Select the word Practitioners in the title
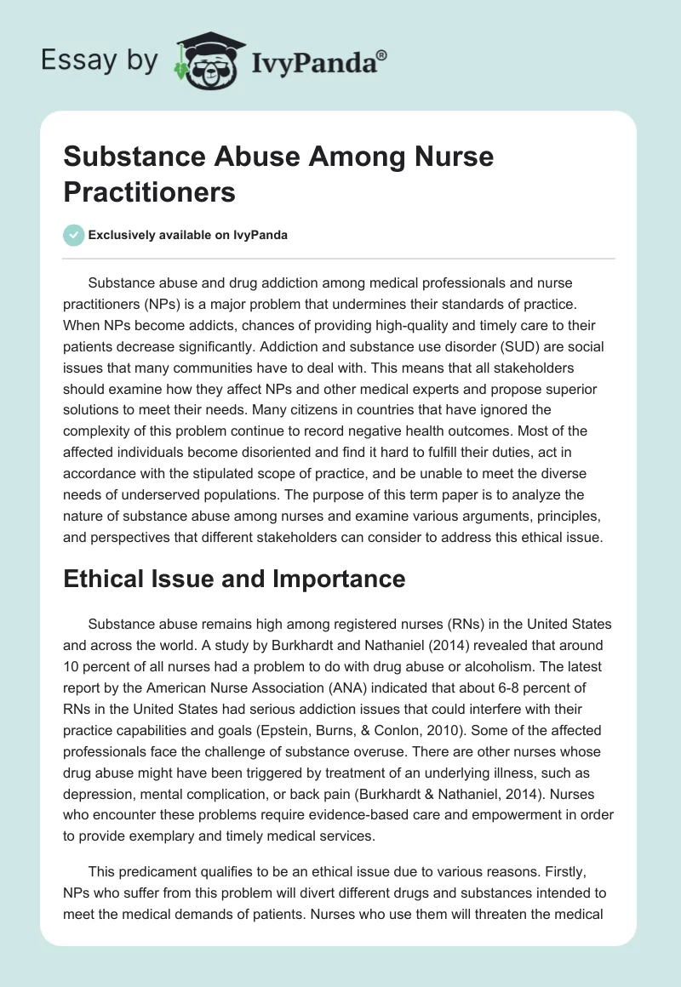149,191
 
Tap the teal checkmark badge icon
74,236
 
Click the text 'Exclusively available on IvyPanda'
188,236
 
